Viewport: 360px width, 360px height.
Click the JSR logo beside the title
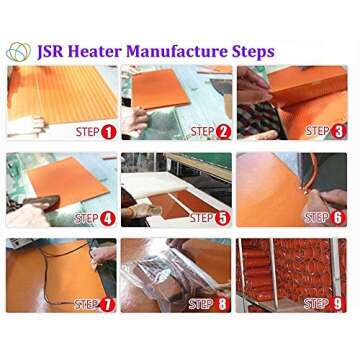pos(18,52)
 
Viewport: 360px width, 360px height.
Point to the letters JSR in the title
pos(52,52)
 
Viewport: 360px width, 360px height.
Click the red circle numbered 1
pos(109,132)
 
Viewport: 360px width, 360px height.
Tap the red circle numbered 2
pos(223,132)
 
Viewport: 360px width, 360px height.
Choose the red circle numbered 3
pos(338,132)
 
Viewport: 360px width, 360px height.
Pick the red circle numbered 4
pos(109,219)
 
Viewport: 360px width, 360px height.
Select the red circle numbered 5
pos(223,218)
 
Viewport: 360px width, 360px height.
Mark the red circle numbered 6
pos(338,218)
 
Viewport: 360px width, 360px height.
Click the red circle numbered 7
pos(107,305)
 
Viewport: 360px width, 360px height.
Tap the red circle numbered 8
pos(222,305)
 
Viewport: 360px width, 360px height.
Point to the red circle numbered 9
pos(338,305)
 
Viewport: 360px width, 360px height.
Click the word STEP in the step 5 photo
pos(202,218)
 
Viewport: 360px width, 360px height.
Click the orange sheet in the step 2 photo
pos(160,88)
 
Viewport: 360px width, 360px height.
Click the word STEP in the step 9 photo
pos(316,304)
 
